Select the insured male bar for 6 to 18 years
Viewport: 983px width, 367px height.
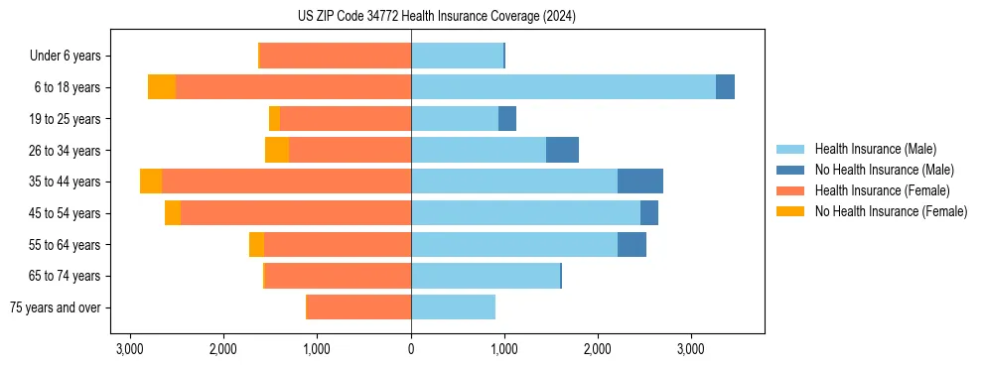563,87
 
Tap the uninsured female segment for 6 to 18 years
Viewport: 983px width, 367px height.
162,87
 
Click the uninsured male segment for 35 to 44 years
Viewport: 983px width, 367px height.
640,182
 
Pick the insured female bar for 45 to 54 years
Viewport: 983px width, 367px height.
296,213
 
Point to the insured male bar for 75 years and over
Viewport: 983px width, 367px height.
453,307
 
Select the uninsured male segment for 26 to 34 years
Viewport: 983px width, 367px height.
562,150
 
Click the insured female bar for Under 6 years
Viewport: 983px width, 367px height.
336,56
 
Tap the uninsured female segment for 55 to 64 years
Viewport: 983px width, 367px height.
256,244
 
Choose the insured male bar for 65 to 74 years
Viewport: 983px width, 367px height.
486,276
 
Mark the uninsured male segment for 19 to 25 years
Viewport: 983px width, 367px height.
507,119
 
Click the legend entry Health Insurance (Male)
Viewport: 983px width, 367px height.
875,149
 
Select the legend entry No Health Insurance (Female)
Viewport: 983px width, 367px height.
891,211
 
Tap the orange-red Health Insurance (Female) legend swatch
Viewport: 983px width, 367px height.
791,190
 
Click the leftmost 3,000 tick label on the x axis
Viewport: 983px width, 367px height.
130,349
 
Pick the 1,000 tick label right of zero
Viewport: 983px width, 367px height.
504,349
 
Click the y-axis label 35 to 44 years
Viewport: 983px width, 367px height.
65,182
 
